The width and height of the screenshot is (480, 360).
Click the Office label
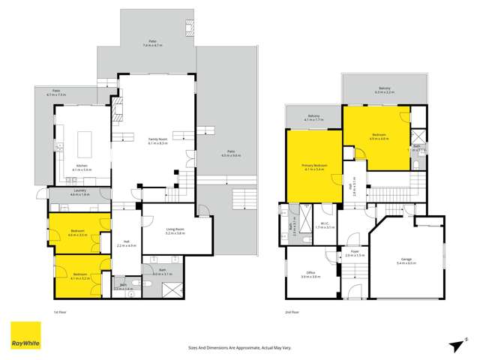306,275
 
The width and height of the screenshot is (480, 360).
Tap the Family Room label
157,140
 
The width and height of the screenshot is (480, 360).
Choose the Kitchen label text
82,167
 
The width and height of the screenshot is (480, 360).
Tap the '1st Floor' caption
60,311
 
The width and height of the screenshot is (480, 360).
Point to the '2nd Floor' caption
292,311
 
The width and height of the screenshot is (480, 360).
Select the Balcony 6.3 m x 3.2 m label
385,91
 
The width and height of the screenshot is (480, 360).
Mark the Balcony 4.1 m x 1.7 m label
314,118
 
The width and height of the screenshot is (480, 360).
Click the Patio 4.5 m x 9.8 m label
231,154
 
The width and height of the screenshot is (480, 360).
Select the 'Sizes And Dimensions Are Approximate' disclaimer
240,347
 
